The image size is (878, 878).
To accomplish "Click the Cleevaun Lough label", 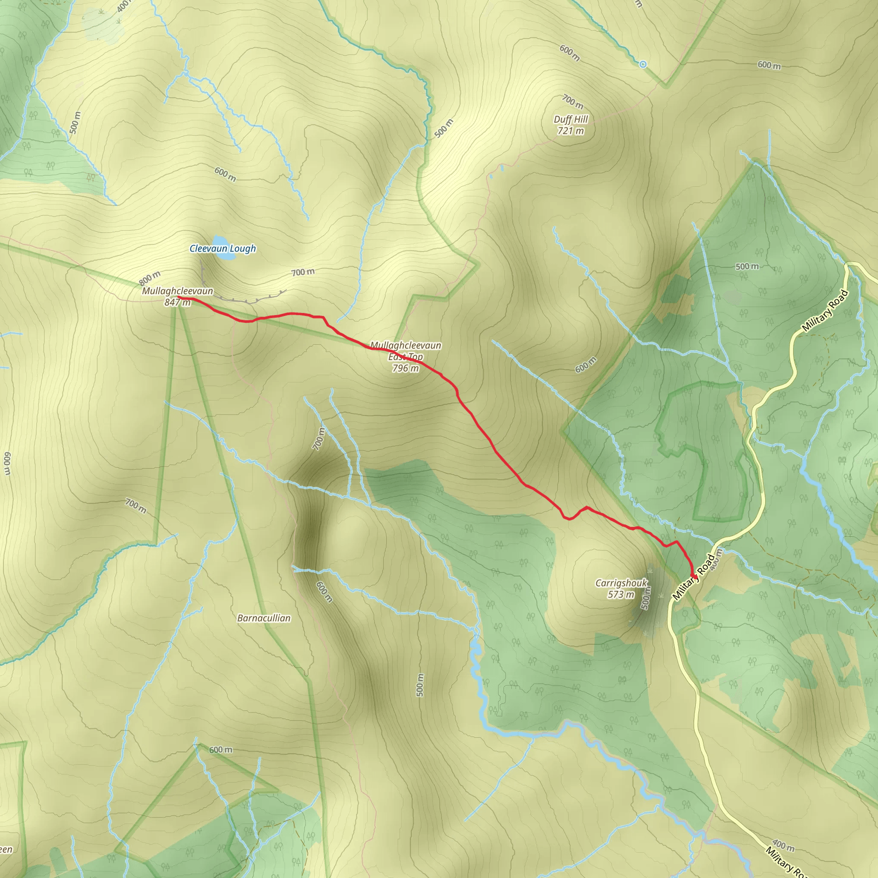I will [222, 249].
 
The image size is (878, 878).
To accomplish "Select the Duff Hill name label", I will [571, 120].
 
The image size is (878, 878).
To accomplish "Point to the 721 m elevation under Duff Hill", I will [571, 131].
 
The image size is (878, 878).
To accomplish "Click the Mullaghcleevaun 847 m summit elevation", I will [177, 302].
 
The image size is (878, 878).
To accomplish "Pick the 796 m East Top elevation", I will [406, 368].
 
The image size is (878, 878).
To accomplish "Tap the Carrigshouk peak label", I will [621, 583].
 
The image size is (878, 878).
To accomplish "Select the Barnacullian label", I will [264, 618].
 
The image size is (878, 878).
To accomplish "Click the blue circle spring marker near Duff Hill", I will [643, 65].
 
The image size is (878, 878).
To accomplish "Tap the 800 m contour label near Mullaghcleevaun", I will [150, 278].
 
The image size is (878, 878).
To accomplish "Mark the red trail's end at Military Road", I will [694, 577].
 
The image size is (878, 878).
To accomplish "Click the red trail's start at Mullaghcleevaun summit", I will [178, 297].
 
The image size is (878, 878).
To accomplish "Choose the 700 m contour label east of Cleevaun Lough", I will [303, 272].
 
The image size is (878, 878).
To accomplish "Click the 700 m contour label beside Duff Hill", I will [572, 101].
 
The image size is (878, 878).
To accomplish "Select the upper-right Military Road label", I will [825, 310].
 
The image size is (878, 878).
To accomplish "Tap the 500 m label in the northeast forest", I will [747, 266].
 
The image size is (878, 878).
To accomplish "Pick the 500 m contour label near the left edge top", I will [75, 123].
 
